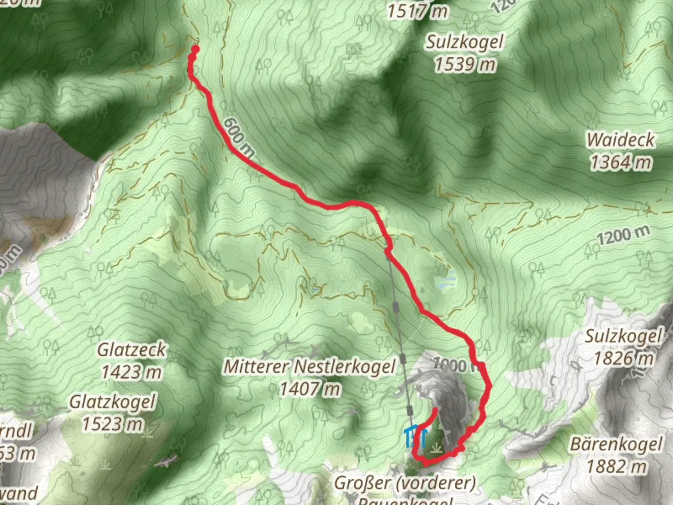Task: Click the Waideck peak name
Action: pos(621,140)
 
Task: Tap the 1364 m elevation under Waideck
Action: pos(621,162)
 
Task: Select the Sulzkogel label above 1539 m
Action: pos(465,42)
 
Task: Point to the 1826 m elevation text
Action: pos(623,359)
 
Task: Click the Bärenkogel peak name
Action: pos(616,444)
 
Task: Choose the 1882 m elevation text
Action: pos(617,466)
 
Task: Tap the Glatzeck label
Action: pos(131,350)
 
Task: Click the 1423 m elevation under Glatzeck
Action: pos(131,372)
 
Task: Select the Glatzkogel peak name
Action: pos(112,402)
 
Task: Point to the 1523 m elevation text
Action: pos(112,424)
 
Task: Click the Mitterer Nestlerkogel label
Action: pos(310,367)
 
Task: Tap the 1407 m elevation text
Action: pos(310,389)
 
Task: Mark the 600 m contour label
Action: pos(239,137)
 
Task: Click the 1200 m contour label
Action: pos(623,235)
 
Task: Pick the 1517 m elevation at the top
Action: pos(417,10)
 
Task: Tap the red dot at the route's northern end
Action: pos(195,48)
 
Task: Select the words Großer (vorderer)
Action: pos(405,483)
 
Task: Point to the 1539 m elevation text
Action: pos(465,64)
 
